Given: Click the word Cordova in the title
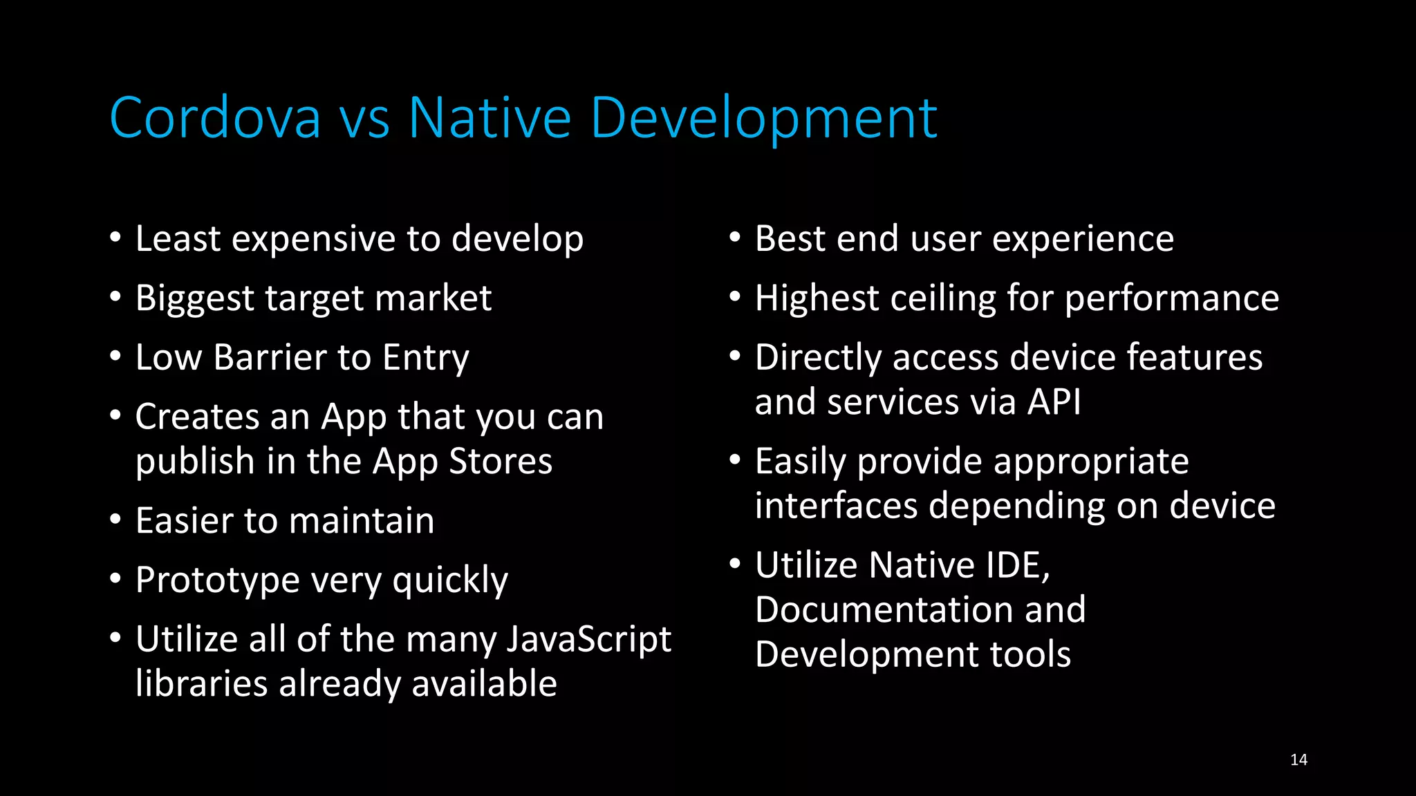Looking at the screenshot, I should click(215, 118).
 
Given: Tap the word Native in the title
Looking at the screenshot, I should click(490, 118).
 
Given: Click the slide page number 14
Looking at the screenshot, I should click(1298, 760).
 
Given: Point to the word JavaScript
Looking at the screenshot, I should click(588, 640).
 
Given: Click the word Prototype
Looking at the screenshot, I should click(217, 580).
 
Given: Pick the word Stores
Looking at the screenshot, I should click(501, 462).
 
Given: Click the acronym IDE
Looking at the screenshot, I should click(1018, 565).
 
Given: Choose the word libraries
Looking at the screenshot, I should click(202, 684).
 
